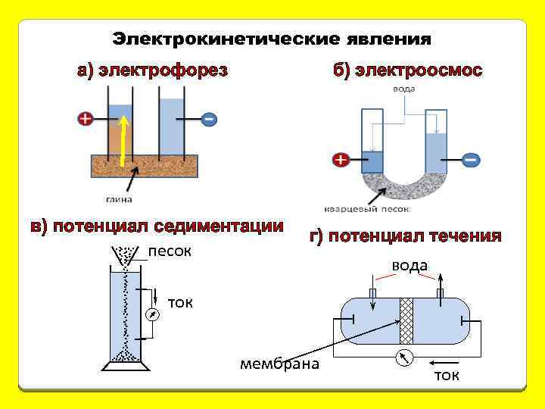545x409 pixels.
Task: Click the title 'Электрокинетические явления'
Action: pos(272,38)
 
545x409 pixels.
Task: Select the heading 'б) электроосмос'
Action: pos(406,71)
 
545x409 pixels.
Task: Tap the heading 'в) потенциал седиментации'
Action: pos(157,226)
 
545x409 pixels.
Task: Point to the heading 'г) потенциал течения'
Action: pos(404,236)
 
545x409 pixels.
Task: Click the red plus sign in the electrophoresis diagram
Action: pos(85,119)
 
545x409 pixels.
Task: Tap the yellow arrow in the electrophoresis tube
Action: pos(123,136)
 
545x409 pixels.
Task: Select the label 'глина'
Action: pos(118,200)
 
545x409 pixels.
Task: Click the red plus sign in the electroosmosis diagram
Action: pos(341,160)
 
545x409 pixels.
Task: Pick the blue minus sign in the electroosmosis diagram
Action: pos(470,160)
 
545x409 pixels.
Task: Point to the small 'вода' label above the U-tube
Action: pos(403,89)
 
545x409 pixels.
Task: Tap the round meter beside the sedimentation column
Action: pos(154,314)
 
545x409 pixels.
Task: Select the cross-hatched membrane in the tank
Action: pos(406,321)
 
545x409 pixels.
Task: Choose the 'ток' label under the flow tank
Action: pos(447,376)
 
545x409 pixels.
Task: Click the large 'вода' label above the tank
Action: pos(410,265)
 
